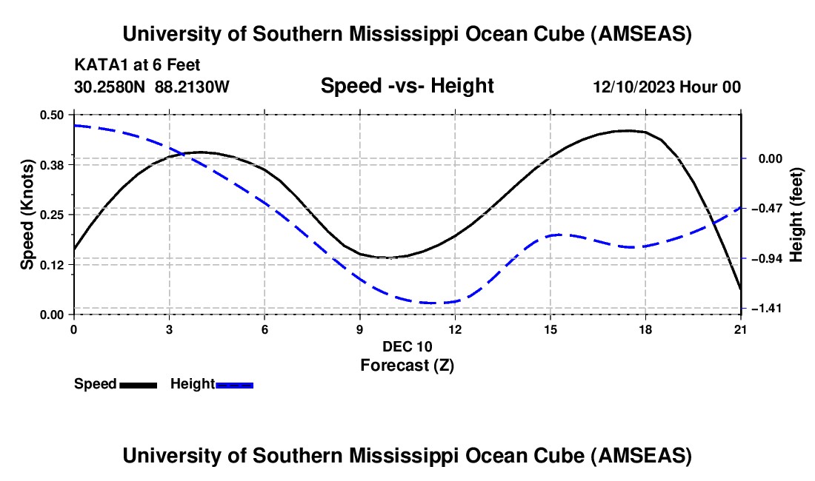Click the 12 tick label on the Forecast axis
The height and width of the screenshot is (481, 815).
(x=455, y=329)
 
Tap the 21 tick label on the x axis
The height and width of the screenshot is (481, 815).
(x=741, y=329)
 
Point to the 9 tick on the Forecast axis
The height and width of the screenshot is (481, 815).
(x=360, y=329)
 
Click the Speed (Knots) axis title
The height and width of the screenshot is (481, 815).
(x=27, y=215)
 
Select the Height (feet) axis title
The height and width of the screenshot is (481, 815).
(x=797, y=215)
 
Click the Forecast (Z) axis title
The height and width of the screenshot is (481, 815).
(x=407, y=365)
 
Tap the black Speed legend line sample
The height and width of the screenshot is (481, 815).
(x=138, y=385)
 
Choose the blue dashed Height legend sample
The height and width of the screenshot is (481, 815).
(x=234, y=385)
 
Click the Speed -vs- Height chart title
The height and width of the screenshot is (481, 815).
(x=407, y=87)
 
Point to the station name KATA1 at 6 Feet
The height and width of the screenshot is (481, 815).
(x=137, y=66)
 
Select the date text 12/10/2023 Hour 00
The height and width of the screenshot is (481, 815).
(x=666, y=87)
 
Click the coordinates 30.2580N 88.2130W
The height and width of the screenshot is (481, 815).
(x=152, y=87)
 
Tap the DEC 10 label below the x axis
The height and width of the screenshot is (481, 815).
(x=407, y=346)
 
